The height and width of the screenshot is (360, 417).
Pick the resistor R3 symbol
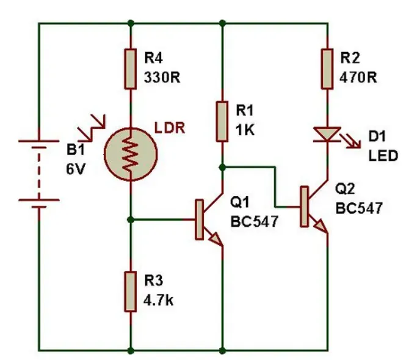pos(130,292)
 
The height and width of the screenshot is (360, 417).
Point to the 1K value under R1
pos(244,130)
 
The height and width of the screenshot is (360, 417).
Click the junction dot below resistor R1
pos(222,166)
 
